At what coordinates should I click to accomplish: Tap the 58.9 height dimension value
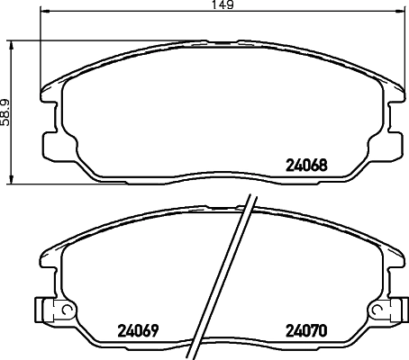6,112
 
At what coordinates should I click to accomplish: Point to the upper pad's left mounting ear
52,144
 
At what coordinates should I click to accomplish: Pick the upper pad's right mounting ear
393,144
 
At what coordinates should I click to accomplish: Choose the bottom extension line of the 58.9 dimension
27,184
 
